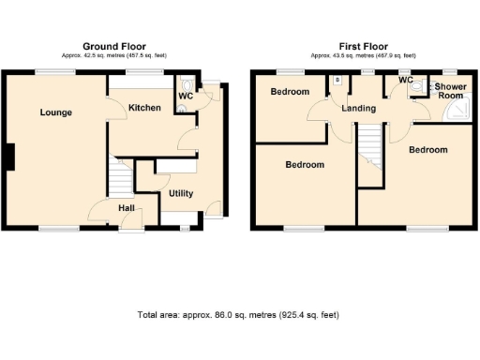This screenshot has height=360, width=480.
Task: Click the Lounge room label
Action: [x=55, y=112]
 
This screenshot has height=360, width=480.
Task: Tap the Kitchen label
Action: [x=144, y=108]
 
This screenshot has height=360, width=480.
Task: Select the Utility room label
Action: [x=181, y=193]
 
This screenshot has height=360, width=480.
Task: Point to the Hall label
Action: [x=128, y=207]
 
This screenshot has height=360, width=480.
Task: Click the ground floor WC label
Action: [x=185, y=95]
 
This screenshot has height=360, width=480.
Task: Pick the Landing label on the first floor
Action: [x=358, y=109]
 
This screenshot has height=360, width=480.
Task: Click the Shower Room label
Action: [x=450, y=90]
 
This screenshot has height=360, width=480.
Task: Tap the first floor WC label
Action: [x=405, y=81]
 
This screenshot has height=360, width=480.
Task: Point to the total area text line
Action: [x=239, y=316]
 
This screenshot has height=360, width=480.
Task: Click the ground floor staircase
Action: [x=119, y=176]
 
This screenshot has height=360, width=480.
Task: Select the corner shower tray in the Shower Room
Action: [x=457, y=112]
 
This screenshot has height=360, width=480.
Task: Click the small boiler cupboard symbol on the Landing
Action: [x=337, y=81]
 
